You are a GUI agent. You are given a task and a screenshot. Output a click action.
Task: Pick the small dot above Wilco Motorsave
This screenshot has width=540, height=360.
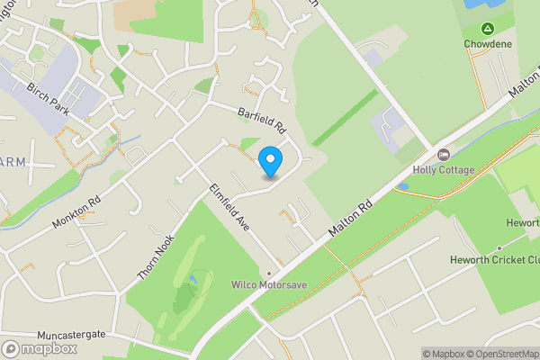268,273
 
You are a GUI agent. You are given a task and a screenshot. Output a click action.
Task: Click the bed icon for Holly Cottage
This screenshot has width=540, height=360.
442,155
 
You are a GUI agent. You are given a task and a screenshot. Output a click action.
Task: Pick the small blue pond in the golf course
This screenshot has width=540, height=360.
191,289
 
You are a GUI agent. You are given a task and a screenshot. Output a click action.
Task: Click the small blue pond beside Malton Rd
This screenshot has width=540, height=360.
401,187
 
